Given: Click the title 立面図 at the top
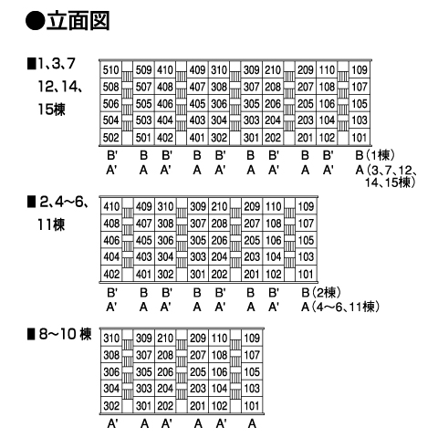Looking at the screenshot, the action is coord(78,21).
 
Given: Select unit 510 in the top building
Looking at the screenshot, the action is coord(110,70).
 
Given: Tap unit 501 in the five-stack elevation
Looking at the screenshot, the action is coord(143,138).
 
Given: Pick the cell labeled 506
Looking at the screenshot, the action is coord(110,104).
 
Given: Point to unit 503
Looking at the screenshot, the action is coord(143,120).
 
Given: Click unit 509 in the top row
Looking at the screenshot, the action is coord(143,70).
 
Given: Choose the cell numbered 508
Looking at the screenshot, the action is coord(110,87).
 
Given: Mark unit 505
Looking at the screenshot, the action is coord(143,104).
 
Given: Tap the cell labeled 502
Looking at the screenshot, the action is coord(110,138).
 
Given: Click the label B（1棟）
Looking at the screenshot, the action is coord(375,155).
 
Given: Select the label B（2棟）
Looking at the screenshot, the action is coord(321,293).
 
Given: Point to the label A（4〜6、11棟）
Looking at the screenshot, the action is coord(340,307).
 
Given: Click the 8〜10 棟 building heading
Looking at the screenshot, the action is coord(59,334).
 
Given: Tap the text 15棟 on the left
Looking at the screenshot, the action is coord(51,109).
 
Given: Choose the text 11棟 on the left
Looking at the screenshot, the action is coord(51,224).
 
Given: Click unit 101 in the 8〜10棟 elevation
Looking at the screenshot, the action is coord(252,406).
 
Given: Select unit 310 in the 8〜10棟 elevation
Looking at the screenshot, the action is coord(111,339).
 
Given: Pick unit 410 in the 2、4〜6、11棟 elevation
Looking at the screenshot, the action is coord(111,207).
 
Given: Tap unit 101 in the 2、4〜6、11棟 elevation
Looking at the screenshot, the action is coord(306,275).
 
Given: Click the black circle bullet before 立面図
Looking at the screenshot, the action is coord(36,21).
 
